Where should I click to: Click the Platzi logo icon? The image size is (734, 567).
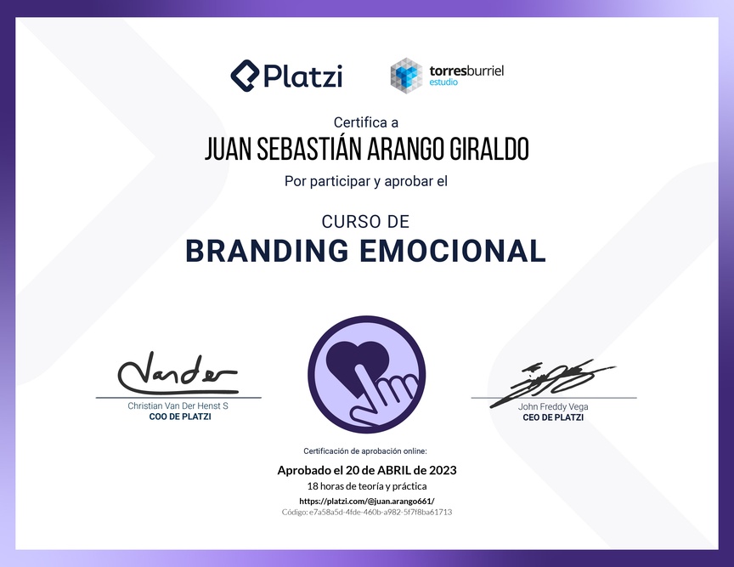(x=245, y=76)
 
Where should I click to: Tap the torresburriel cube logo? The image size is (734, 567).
(x=406, y=76)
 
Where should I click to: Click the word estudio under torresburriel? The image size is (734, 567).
(x=443, y=82)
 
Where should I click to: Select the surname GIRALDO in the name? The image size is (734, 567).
(x=489, y=149)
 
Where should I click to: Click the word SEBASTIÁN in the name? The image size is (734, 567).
(x=309, y=148)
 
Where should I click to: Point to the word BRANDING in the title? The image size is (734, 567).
(x=268, y=251)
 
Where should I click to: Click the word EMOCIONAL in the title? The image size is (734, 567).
(x=452, y=251)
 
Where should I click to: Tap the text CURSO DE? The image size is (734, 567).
(x=365, y=222)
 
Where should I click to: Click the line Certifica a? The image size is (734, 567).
(x=366, y=122)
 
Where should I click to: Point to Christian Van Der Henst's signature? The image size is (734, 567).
(x=178, y=373)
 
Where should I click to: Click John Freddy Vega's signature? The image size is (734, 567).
(x=552, y=382)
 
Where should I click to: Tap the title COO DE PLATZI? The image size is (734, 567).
(x=180, y=417)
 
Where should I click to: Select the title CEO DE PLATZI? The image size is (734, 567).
(x=553, y=417)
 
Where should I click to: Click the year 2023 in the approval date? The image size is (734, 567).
(x=443, y=470)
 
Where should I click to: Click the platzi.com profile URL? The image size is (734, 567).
(x=367, y=501)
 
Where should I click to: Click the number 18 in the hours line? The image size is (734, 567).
(x=313, y=486)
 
